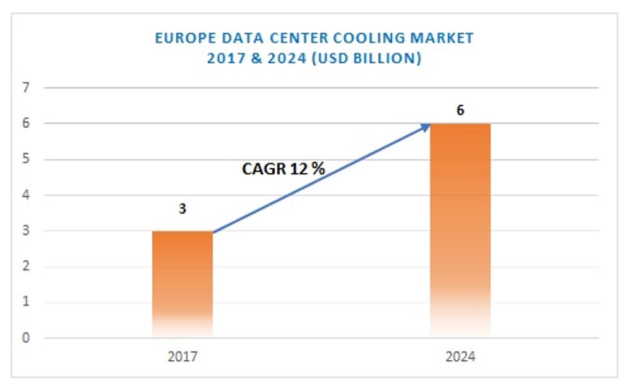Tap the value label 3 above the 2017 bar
183,209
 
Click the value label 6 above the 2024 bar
460,111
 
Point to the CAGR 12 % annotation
284,169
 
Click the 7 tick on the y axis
26,88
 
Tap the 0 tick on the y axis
26,338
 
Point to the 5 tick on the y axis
26,159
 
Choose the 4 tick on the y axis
26,195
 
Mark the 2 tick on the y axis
26,267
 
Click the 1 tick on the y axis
26,302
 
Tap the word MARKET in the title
445,38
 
